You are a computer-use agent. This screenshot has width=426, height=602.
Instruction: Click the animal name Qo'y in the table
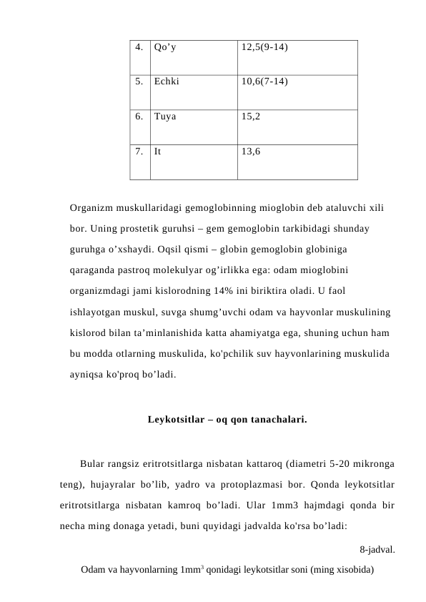166,49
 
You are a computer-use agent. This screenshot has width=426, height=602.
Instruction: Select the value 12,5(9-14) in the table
264,49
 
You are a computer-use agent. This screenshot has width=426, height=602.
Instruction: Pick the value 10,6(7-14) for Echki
264,82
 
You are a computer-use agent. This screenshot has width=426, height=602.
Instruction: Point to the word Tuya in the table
164,116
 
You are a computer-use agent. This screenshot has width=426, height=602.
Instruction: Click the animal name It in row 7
157,151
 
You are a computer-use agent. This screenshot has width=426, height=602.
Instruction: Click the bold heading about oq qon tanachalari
227,418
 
